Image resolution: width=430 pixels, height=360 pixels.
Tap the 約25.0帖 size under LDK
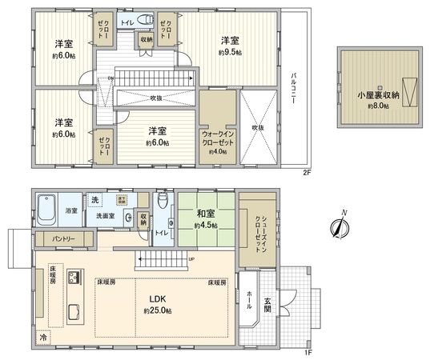point(157,310)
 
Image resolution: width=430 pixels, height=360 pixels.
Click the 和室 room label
point(206,213)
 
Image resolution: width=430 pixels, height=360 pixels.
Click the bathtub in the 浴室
point(46,212)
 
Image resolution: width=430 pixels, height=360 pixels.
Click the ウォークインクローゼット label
point(217,137)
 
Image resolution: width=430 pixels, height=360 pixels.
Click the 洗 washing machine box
point(94,198)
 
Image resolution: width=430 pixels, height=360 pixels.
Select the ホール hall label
point(248,294)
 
